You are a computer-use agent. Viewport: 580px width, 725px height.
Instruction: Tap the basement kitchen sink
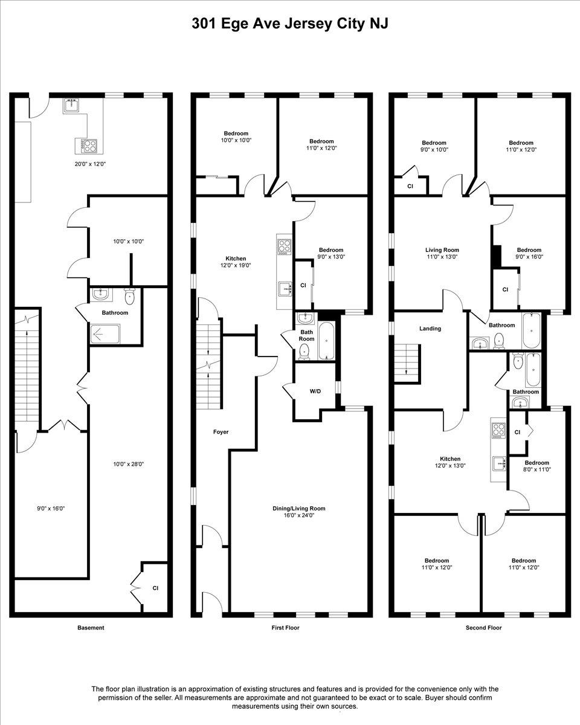[71, 106]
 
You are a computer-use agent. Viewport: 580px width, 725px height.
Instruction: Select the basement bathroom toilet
[129, 296]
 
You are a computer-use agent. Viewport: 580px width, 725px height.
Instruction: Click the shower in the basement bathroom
[105, 334]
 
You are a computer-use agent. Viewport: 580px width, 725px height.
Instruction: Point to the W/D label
[315, 391]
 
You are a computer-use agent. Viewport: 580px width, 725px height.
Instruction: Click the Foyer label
[221, 432]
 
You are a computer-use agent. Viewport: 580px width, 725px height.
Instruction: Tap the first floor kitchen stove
[284, 246]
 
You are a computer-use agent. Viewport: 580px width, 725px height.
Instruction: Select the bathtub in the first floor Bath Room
[327, 341]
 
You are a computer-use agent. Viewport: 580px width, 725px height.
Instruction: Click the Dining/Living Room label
[299, 508]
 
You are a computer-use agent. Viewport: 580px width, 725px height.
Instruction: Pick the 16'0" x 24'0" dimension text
[299, 515]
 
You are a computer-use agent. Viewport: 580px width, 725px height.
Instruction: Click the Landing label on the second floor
[430, 329]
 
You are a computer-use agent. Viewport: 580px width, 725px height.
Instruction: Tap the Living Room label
[442, 250]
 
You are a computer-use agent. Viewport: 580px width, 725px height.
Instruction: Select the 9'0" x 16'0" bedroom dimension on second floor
[529, 257]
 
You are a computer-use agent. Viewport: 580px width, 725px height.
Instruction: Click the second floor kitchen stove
[498, 431]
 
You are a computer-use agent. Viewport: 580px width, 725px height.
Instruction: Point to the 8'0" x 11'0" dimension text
[537, 469]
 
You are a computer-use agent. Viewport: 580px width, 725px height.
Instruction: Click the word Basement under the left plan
[91, 628]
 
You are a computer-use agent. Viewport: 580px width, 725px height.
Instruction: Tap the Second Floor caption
[483, 628]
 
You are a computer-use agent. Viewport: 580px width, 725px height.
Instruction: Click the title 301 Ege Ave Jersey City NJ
[290, 24]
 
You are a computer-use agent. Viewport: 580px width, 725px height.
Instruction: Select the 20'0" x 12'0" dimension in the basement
[90, 164]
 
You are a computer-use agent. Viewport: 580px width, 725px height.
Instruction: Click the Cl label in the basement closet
[155, 588]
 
